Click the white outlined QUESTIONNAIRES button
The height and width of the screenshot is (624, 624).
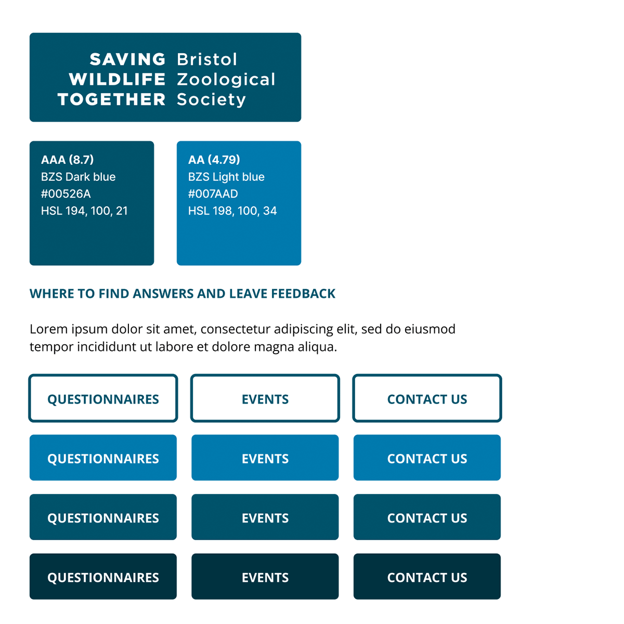[x=103, y=398]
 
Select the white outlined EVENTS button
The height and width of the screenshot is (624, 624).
[x=265, y=398]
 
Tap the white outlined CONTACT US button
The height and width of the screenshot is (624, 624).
[x=427, y=398]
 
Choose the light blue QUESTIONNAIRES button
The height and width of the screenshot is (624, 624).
[x=103, y=458]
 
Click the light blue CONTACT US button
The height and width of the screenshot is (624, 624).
[x=427, y=458]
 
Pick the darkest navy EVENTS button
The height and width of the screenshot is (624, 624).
[x=265, y=577]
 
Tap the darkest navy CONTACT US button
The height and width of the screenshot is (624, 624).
[x=427, y=577]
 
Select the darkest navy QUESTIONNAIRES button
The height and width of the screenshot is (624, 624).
[x=103, y=577]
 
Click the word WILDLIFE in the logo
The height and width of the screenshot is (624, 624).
[x=117, y=79]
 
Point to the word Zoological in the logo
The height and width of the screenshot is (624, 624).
[x=226, y=80]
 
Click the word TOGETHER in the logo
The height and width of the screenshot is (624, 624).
[x=111, y=99]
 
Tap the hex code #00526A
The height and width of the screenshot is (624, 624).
[x=66, y=194]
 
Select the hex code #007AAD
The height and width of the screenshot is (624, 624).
[x=213, y=194]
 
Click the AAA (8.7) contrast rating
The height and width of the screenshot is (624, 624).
[x=68, y=160]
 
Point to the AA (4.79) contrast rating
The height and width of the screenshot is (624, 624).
[x=214, y=160]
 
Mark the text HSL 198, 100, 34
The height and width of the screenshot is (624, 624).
[x=232, y=211]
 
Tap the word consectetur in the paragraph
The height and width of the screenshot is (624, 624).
[x=235, y=329]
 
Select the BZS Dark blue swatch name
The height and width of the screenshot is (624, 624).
[x=79, y=177]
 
